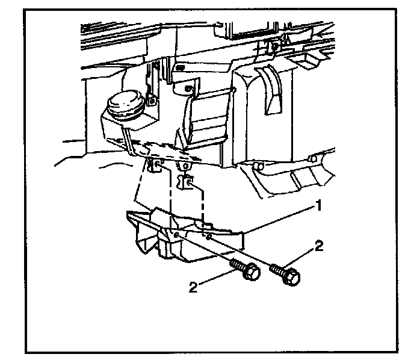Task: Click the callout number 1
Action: tap(319, 206)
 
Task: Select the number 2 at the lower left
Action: tap(193, 287)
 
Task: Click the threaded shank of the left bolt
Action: tap(238, 265)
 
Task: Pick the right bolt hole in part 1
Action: tap(208, 238)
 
